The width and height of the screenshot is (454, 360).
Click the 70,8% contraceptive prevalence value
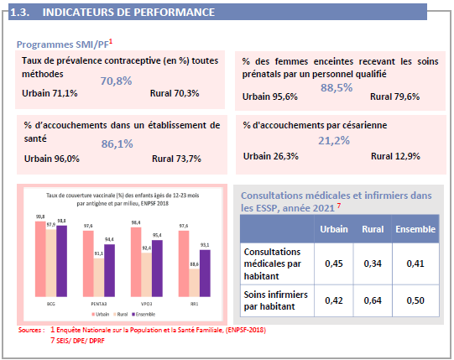[117, 81]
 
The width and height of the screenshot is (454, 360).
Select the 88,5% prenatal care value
[337, 87]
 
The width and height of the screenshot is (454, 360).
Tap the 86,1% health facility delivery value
[117, 144]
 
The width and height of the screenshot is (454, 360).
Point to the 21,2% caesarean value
[334, 141]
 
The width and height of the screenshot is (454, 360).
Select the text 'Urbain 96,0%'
[52, 158]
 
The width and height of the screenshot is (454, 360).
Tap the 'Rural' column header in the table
[373, 229]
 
